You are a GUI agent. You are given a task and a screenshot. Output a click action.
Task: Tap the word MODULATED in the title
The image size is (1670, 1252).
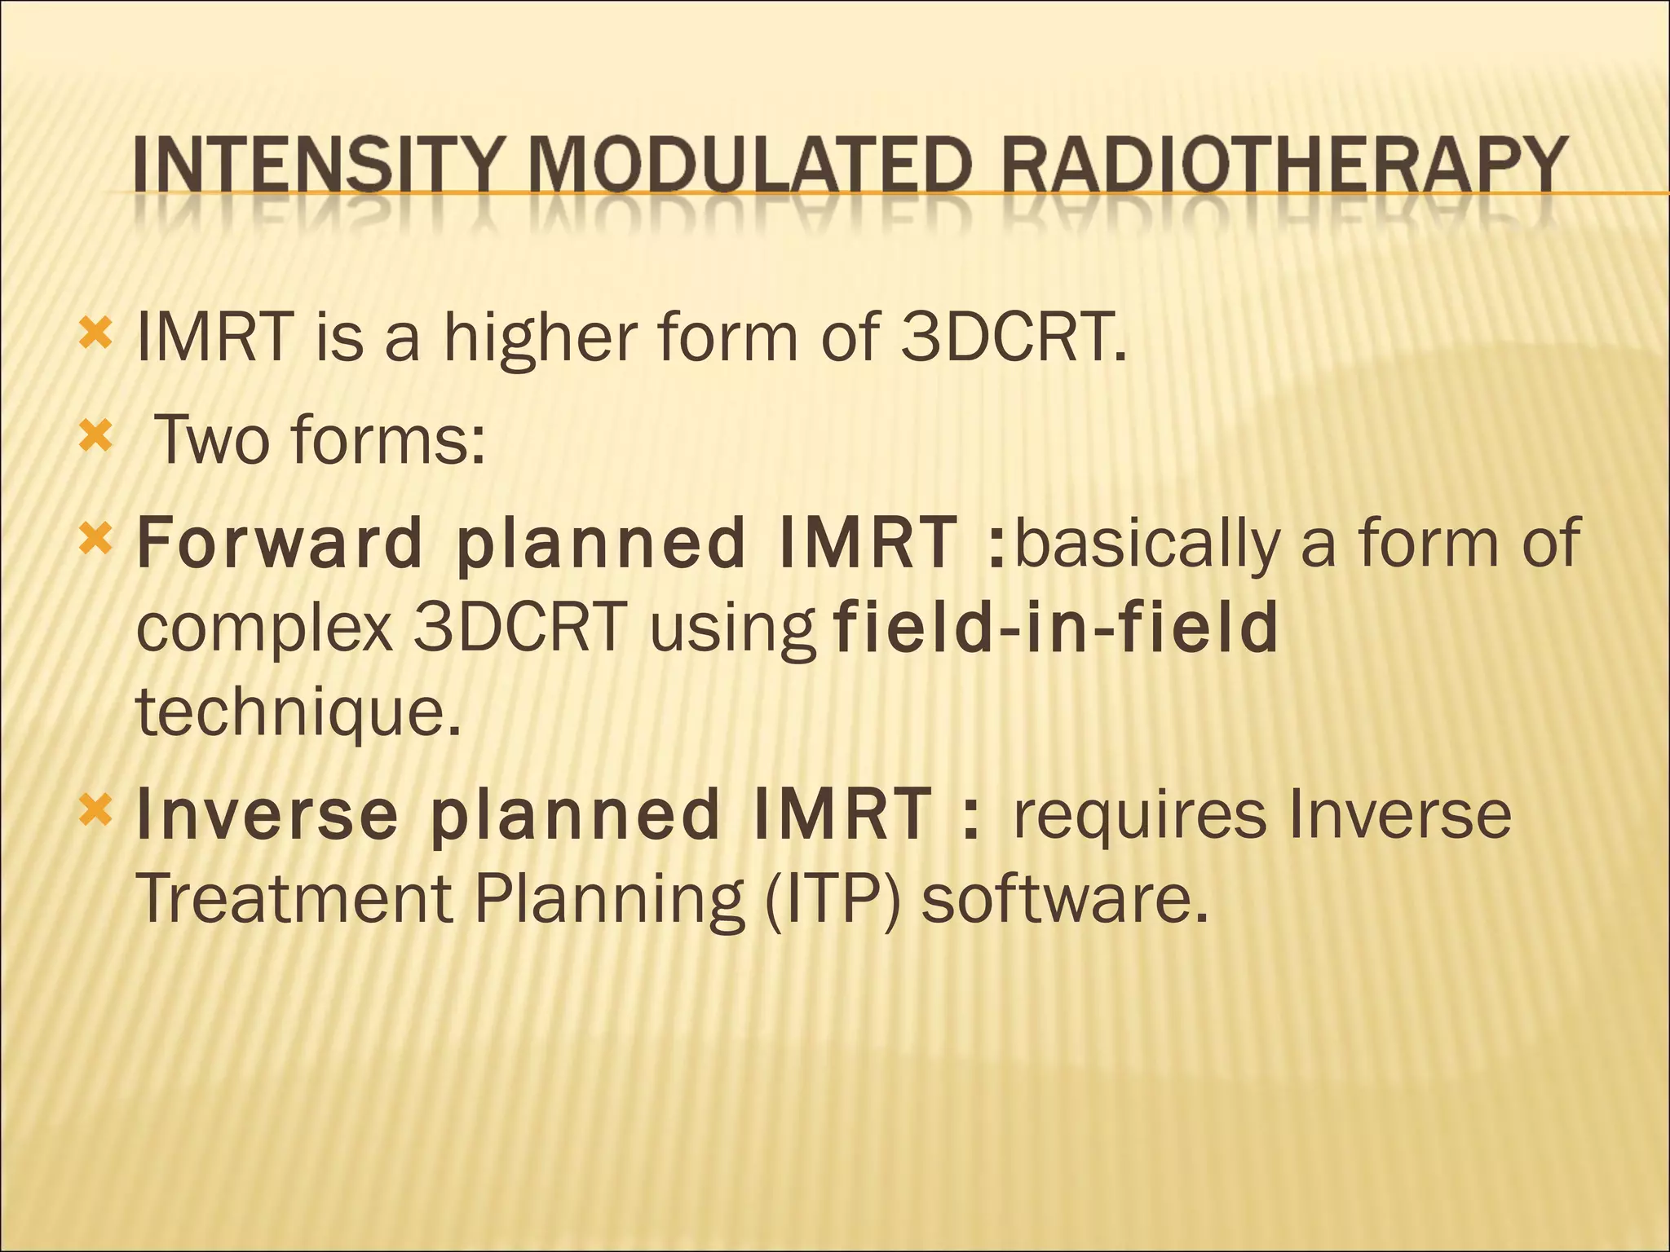(750, 165)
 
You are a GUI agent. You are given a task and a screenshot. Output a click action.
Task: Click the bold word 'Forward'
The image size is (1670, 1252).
(279, 543)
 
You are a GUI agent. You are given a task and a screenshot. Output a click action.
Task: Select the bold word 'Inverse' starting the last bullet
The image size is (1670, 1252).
(267, 814)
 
